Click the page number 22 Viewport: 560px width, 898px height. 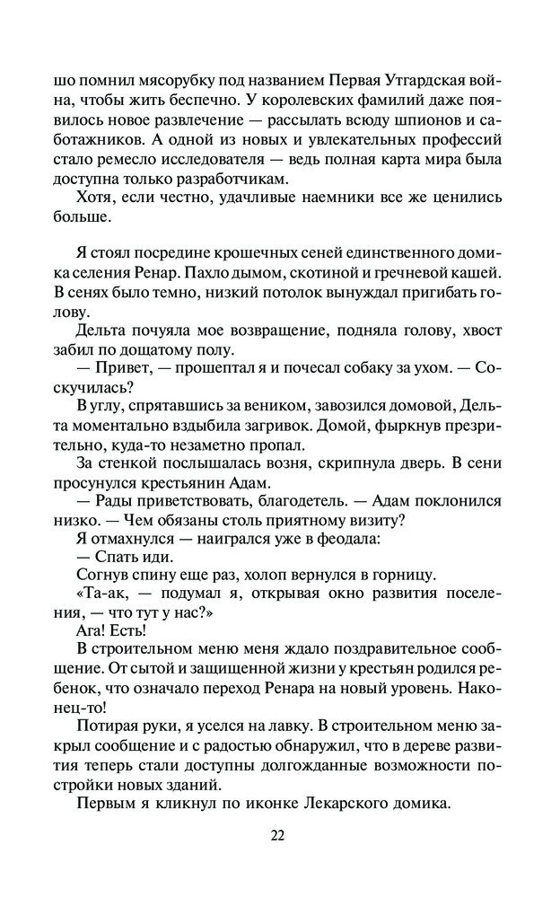(x=277, y=834)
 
